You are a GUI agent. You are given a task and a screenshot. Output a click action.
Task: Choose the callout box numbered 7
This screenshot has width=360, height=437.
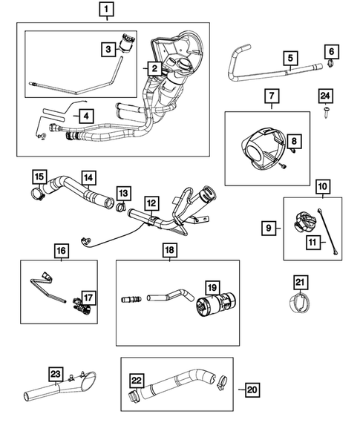pyautogui.click(x=271, y=96)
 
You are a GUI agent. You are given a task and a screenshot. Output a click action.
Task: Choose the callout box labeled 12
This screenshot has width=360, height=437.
pyautogui.click(x=151, y=202)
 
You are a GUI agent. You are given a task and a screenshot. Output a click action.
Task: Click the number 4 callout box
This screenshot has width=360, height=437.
pyautogui.click(x=86, y=116)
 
